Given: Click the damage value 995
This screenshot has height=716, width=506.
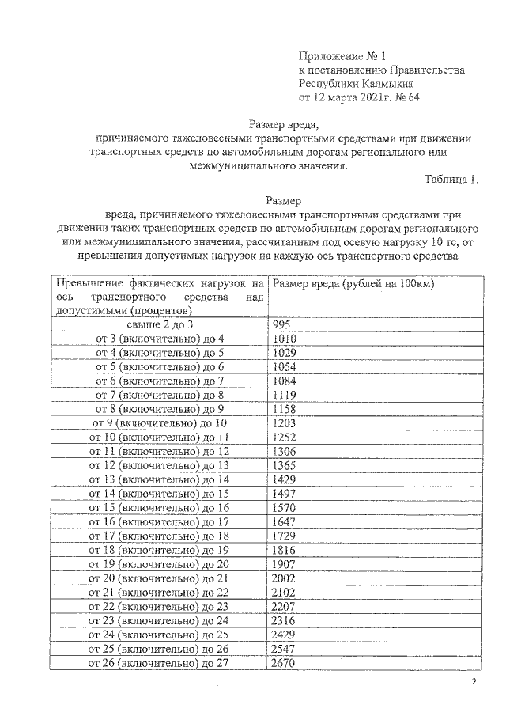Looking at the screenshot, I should click(x=282, y=326).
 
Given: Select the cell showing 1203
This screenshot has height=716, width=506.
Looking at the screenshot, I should click(x=285, y=424).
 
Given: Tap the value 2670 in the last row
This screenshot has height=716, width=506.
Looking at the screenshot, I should click(x=286, y=663).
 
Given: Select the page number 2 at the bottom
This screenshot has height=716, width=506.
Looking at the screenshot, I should click(x=474, y=684).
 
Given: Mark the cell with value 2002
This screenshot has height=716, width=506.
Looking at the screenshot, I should click(x=286, y=579).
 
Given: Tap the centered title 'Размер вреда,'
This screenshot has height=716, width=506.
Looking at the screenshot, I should click(x=284, y=123).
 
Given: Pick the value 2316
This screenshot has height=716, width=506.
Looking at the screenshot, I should click(x=286, y=621).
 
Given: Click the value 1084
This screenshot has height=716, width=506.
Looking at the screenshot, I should click(x=285, y=381).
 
